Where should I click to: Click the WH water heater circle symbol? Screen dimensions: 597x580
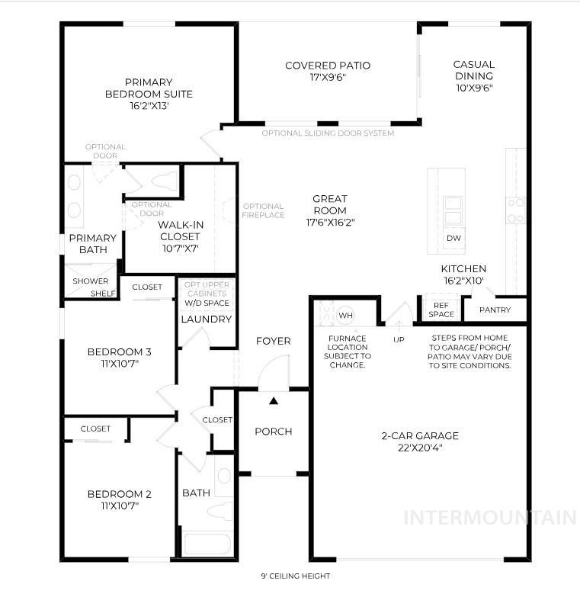pos(346,315)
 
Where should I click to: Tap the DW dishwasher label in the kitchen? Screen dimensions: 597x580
pos(453,239)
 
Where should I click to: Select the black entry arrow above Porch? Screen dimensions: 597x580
pos(274,400)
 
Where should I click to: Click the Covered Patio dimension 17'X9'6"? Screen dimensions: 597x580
pos(328,78)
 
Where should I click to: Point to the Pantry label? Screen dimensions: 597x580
pos(495,310)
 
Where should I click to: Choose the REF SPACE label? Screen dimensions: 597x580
pos(441,310)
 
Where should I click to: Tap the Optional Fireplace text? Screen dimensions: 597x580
pos(263,210)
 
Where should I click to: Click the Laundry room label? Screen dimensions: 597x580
pos(206,319)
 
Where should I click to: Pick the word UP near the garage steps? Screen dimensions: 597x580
pos(399,339)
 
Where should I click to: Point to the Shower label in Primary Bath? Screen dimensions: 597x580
pos(90,281)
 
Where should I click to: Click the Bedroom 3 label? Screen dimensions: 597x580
pos(119,351)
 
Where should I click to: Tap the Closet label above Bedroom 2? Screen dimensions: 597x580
pos(95,428)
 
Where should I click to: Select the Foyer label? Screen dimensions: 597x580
pos(273,341)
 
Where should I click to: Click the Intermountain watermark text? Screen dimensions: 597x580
pos(489,518)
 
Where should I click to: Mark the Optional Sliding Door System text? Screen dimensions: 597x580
pos(328,133)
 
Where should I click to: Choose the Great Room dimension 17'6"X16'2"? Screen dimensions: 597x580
pos(329,223)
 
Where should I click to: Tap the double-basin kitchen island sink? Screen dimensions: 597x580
pos(453,207)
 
